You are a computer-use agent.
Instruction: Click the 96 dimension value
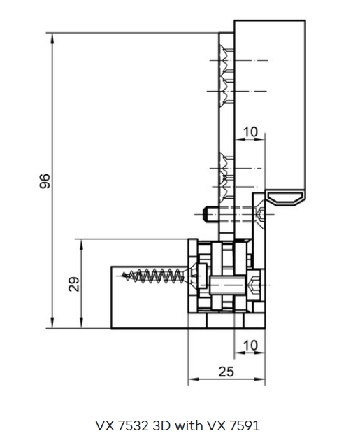click(45, 181)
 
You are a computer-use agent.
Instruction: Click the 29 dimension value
click(73, 284)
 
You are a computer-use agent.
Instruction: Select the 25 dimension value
click(226, 372)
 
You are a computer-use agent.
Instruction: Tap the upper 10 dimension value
click(251, 132)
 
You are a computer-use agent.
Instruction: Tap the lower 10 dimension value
click(251, 346)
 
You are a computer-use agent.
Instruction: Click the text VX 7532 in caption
click(122, 425)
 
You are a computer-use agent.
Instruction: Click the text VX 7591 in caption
click(233, 425)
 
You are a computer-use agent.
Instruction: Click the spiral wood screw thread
click(159, 276)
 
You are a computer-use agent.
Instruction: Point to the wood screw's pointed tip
click(123, 276)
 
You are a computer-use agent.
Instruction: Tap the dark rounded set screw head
click(206, 215)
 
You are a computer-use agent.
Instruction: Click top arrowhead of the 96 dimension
click(52, 38)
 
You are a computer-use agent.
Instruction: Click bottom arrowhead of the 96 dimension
click(52, 323)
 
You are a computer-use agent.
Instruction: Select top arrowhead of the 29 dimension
click(82, 245)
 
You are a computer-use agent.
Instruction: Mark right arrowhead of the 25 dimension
click(259, 379)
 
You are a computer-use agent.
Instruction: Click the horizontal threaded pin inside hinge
click(227, 285)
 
